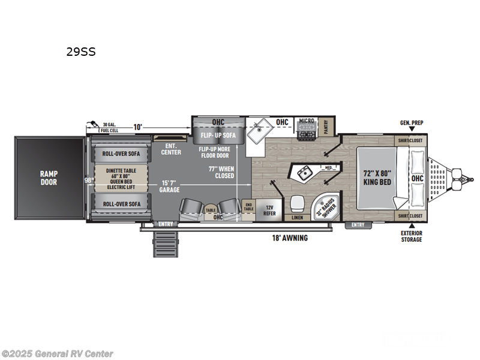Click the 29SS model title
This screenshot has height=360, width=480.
[81, 52]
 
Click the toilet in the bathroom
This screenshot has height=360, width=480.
[297, 203]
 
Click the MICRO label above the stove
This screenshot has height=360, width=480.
[307, 121]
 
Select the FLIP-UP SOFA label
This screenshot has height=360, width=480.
[218, 136]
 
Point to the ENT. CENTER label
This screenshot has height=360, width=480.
[171, 149]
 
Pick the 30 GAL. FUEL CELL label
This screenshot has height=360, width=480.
[110, 127]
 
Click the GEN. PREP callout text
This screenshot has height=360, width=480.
[412, 123]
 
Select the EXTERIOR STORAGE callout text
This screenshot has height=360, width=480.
[412, 236]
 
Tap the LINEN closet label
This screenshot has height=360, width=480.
[297, 218]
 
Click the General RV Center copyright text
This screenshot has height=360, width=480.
[58, 354]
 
